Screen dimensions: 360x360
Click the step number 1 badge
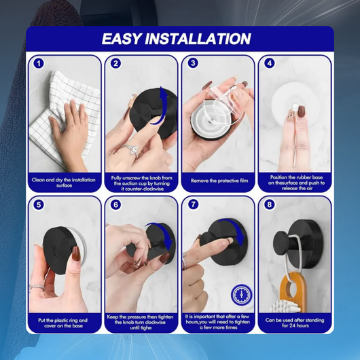pos(39,63)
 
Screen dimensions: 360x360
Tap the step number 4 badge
pos(270,63)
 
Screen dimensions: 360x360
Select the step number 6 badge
pos(115,204)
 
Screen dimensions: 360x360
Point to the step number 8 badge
pos(270,204)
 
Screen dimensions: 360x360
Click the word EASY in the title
pos(121,39)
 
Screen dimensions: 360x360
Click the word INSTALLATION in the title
pos(198,39)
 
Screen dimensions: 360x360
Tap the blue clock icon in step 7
pos(241,295)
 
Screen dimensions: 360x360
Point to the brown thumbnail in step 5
pos(76,253)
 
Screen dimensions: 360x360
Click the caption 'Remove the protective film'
pos(219,181)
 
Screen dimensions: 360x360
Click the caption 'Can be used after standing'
pos(295,320)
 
